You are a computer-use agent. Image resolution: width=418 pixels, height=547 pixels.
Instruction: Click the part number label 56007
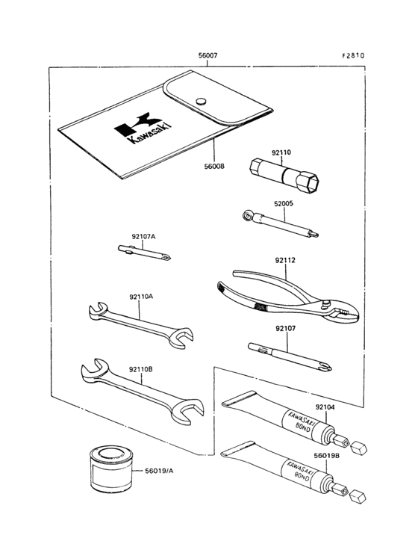pos(208,55)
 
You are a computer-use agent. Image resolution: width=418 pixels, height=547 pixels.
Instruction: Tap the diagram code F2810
pos(353,55)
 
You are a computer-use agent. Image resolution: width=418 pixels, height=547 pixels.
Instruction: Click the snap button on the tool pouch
pos(201,101)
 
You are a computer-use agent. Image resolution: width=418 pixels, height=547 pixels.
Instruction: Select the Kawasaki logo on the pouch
pos(143,128)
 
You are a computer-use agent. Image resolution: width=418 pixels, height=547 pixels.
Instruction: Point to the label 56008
pos(214,167)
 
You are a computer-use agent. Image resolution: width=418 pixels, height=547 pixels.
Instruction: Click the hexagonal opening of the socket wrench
pos(311,182)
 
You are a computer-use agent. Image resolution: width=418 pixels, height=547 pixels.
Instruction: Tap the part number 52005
pos(284,204)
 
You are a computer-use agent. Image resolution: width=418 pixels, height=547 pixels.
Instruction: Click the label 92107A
pos(143,237)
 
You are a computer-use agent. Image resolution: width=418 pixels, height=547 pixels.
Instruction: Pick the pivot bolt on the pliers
pos(326,303)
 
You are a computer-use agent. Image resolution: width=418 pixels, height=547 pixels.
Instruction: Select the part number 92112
pos(285,260)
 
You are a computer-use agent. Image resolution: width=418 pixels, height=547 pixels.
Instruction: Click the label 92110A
pos(141,297)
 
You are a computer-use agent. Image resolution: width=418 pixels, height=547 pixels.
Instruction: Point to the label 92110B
pos(141,369)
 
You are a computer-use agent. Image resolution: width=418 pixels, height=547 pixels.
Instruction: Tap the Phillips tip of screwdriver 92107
pos(327,368)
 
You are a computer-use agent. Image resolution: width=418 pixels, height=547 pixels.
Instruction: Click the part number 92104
pos(325,407)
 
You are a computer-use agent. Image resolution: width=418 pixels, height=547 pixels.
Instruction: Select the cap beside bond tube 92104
pos(358,448)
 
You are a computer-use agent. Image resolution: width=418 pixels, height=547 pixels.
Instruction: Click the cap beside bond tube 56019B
pos(358,496)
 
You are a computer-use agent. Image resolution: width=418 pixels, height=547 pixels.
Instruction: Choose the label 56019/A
pos(159,471)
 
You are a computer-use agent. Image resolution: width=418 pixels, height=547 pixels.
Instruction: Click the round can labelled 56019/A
pos(111,469)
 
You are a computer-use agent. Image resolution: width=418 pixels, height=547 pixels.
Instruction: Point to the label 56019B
pos(326,455)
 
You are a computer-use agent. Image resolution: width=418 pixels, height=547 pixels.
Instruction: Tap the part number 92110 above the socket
pos(281,152)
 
